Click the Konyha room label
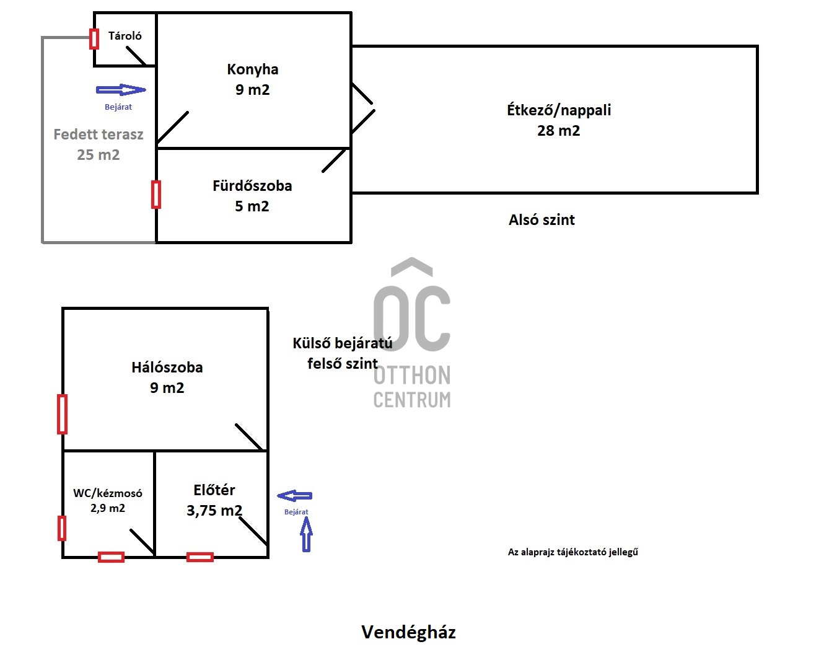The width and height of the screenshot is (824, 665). tap(252, 70)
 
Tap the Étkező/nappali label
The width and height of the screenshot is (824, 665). tap(559, 110)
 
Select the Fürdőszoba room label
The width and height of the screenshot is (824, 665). tap(252, 186)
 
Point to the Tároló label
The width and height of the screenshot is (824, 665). tap(125, 36)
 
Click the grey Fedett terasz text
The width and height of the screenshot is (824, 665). tap(99, 134)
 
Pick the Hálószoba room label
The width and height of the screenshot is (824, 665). tap(167, 368)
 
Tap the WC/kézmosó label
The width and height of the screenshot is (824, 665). tap(108, 493)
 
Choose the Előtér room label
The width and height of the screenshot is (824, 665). tap(214, 490)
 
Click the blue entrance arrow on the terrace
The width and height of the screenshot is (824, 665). tap(121, 90)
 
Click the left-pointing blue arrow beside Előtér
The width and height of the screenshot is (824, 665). tap(295, 496)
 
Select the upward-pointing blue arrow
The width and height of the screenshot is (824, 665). tap(306, 534)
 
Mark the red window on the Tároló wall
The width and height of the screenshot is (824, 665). tap(94, 39)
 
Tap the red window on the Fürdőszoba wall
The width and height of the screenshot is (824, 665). tap(156, 195)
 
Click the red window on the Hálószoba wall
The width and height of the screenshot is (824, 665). tap(62, 414)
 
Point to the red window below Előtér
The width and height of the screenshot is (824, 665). tap(200, 557)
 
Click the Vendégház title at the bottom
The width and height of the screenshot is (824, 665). tap(409, 632)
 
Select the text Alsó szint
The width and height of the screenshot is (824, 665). tap(541, 220)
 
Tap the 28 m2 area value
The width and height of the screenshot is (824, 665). tap(559, 131)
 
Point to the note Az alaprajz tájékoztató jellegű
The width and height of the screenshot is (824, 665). tap(573, 552)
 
